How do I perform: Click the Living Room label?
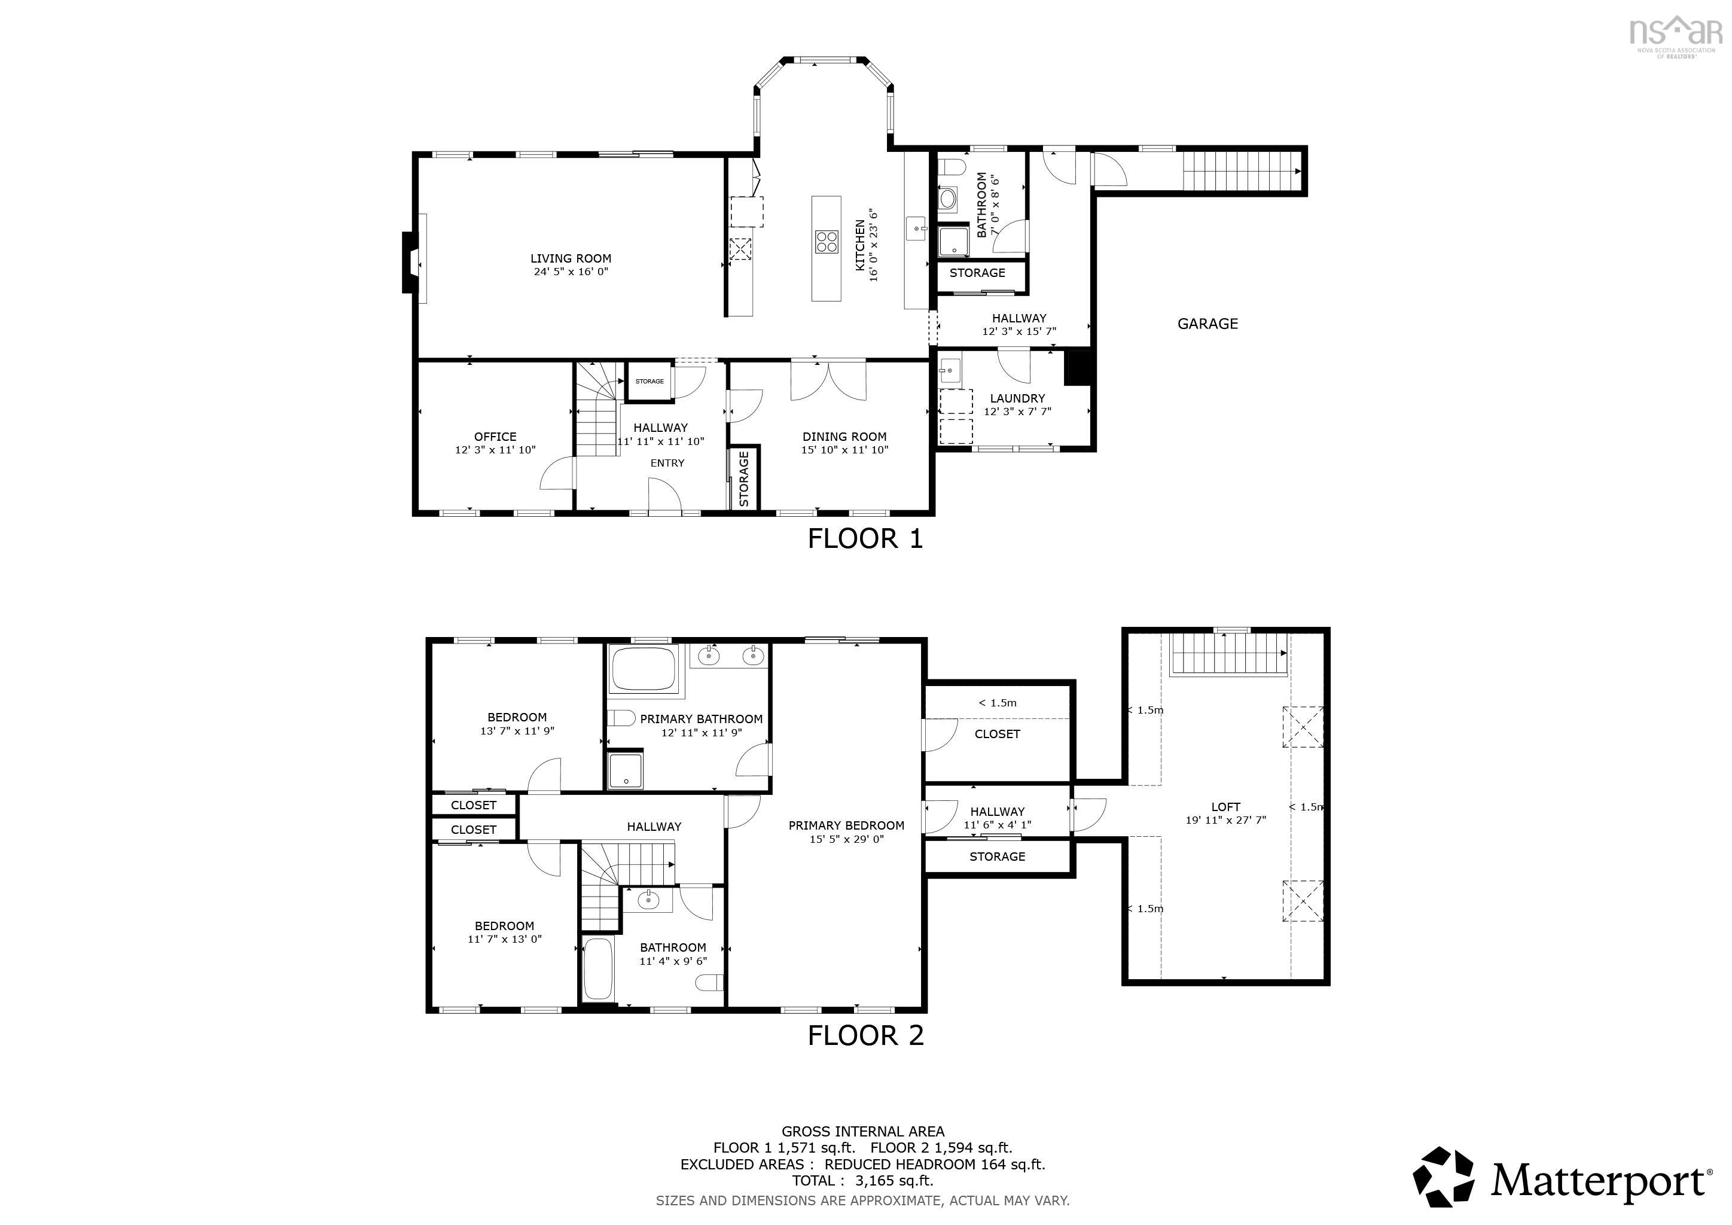pyautogui.click(x=571, y=258)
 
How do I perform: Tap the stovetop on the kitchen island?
pyautogui.click(x=826, y=242)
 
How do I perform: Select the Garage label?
pyautogui.click(x=1207, y=324)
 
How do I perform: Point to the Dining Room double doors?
pyautogui.click(x=828, y=381)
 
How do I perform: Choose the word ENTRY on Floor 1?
pyautogui.click(x=667, y=463)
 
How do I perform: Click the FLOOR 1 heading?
pyautogui.click(x=865, y=538)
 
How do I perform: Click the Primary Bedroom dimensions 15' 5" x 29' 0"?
pyautogui.click(x=846, y=839)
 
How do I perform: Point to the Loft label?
pyautogui.click(x=1225, y=807)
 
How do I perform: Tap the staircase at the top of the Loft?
pyautogui.click(x=1228, y=653)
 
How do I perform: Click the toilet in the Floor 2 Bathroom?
pyautogui.click(x=709, y=982)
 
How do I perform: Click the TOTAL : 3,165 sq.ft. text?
pyautogui.click(x=862, y=1181)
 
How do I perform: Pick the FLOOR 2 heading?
pyautogui.click(x=865, y=1035)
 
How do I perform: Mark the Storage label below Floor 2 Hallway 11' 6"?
pyautogui.click(x=996, y=857)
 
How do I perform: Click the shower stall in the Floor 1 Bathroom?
pyautogui.click(x=953, y=242)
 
